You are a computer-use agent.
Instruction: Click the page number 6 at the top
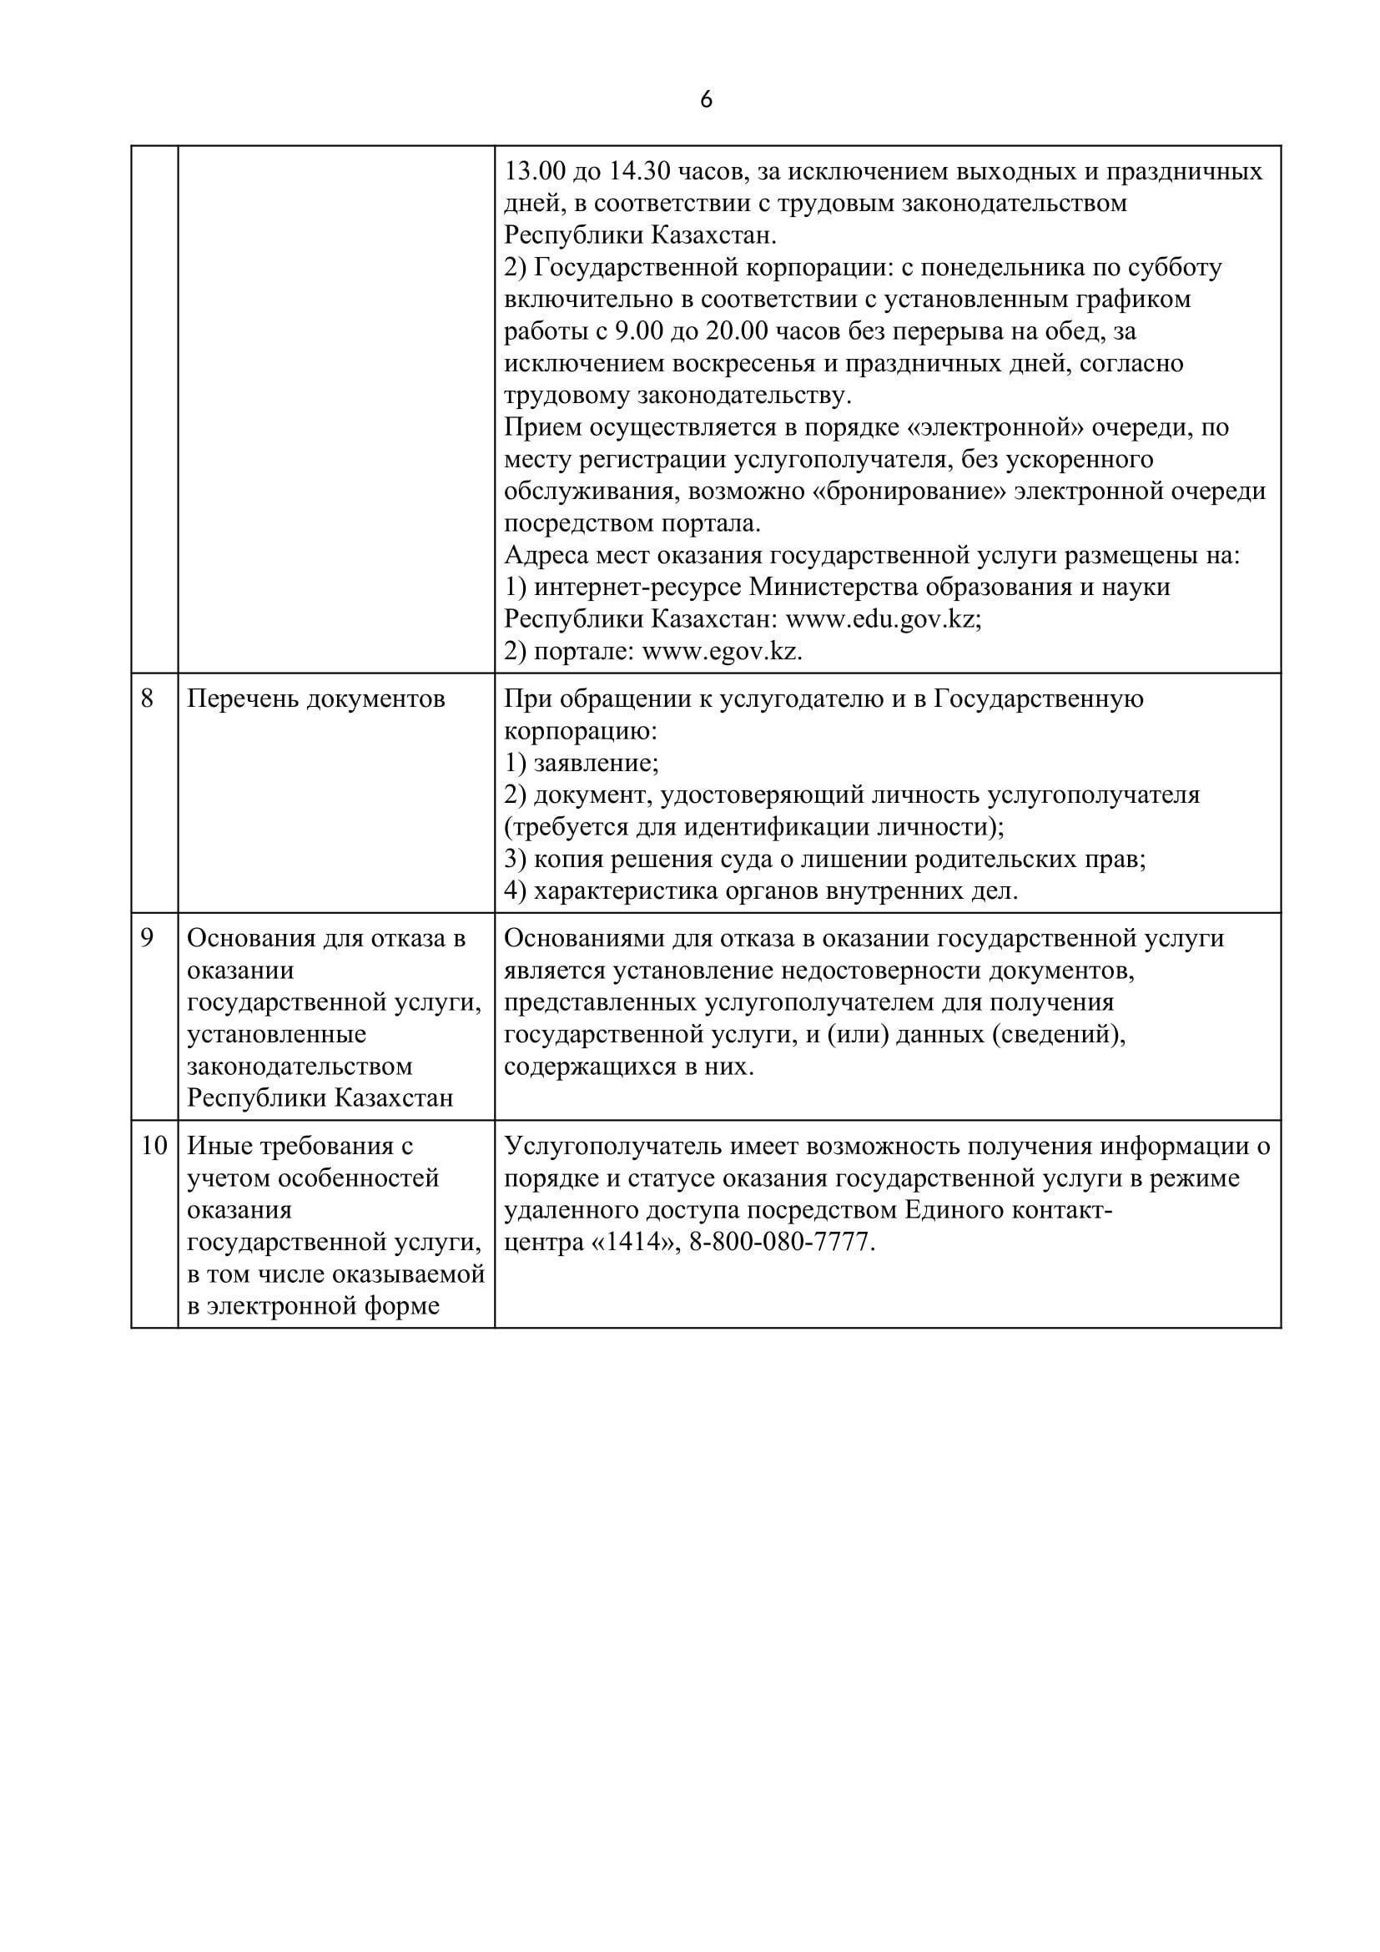point(706,100)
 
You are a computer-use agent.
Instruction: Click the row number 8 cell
point(147,699)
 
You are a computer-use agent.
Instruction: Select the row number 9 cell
point(147,939)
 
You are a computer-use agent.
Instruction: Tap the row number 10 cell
point(154,1146)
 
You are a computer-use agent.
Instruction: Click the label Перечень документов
point(315,699)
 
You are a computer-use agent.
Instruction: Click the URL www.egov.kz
point(722,651)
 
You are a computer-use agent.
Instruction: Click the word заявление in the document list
point(596,763)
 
